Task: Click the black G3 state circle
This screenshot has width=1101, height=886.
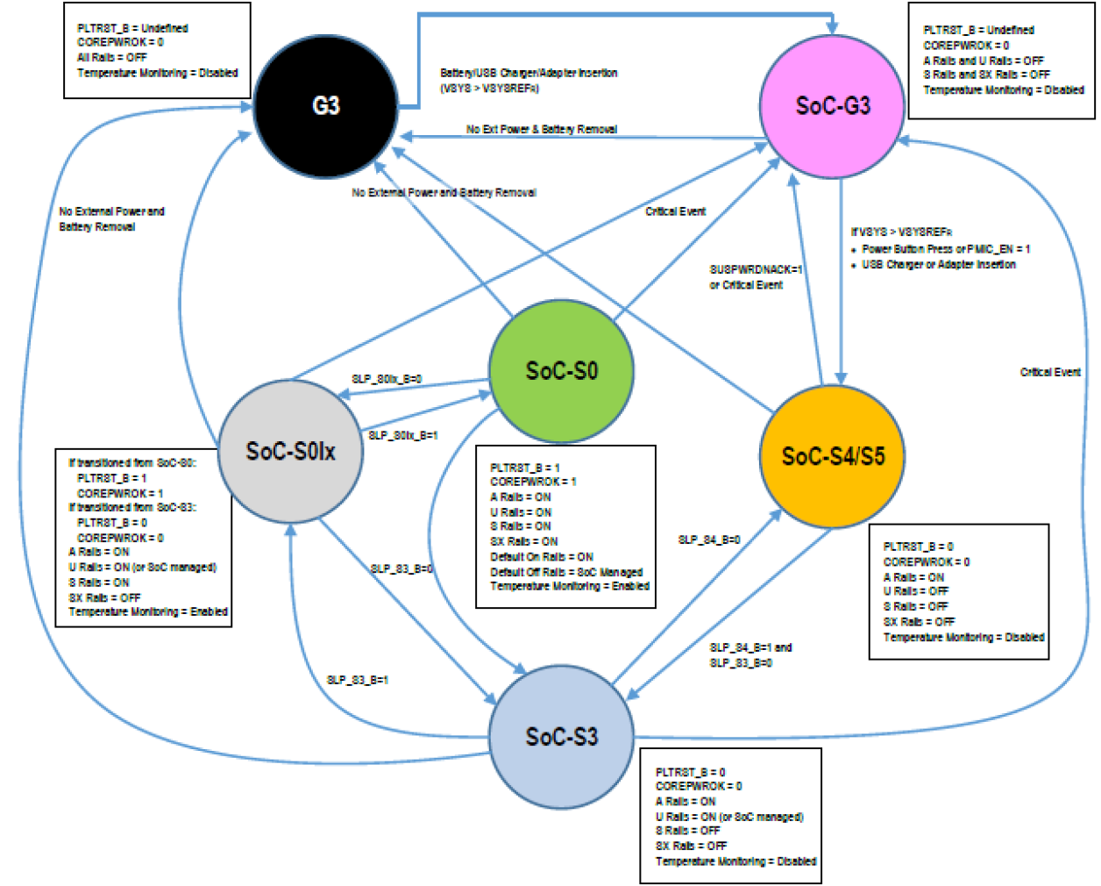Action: pyautogui.click(x=325, y=106)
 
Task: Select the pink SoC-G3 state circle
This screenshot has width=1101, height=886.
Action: pyautogui.click(x=832, y=106)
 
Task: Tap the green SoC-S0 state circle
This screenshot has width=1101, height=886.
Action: pyautogui.click(x=561, y=371)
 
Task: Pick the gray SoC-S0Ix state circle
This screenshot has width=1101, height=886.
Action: pyautogui.click(x=290, y=452)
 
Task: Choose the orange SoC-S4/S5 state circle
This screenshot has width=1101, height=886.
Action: pyautogui.click(x=832, y=456)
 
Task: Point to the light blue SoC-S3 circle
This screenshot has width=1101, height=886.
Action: pyautogui.click(x=561, y=737)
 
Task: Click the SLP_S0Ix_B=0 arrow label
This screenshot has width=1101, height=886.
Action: pyautogui.click(x=387, y=379)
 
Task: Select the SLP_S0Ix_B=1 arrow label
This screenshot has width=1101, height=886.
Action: pyautogui.click(x=403, y=435)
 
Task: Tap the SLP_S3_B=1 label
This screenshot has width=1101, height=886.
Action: pyautogui.click(x=358, y=680)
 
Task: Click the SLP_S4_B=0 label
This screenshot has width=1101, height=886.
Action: pyautogui.click(x=709, y=539)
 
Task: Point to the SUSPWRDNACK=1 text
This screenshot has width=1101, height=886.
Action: pyautogui.click(x=756, y=269)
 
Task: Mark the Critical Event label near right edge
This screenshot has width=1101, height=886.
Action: pyautogui.click(x=1050, y=372)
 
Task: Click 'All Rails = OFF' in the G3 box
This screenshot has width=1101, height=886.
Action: pyautogui.click(x=112, y=57)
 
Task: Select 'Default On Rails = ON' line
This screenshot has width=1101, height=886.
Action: pyautogui.click(x=542, y=556)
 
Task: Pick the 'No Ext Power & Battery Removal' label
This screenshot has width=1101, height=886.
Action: pyautogui.click(x=542, y=129)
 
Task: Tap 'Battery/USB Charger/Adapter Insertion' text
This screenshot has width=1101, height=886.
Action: pyautogui.click(x=529, y=73)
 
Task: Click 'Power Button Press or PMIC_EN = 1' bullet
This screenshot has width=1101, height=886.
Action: pyautogui.click(x=946, y=249)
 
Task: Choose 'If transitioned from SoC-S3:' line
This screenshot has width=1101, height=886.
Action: pyautogui.click(x=132, y=507)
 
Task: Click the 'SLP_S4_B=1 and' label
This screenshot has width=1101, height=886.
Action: pyautogui.click(x=750, y=647)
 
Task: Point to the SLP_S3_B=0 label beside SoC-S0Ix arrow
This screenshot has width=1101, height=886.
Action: pyautogui.click(x=401, y=568)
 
